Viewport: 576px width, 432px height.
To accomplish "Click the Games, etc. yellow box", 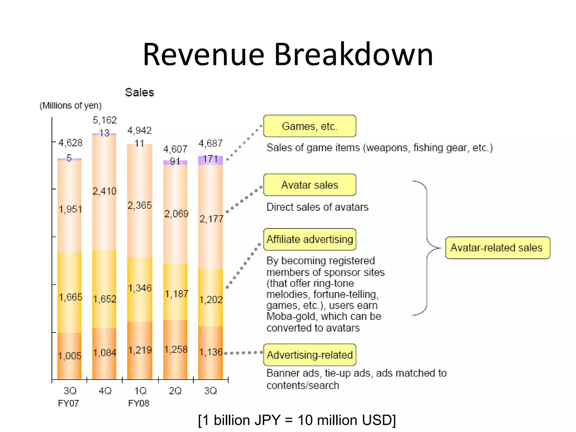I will point(310,126).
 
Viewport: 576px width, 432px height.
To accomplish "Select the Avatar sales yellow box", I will point(310,185).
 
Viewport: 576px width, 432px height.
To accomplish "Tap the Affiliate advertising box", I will point(310,239).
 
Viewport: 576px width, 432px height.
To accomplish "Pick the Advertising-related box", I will point(310,355).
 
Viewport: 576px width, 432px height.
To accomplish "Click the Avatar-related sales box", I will point(497,248).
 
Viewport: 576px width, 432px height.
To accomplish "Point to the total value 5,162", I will point(105,120).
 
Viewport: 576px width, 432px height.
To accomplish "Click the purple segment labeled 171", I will point(210,160).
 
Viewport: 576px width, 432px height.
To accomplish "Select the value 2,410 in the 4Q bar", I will point(104,191).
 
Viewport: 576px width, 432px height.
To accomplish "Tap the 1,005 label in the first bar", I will point(69,356).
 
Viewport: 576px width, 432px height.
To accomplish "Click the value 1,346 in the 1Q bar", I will point(140,288).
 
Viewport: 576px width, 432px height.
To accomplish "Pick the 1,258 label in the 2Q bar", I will point(176,350).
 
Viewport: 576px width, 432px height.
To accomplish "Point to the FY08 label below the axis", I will point(139,403).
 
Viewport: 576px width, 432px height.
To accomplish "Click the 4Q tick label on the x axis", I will point(105,391).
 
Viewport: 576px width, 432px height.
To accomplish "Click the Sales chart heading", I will point(139,93).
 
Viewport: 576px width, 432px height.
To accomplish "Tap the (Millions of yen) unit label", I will point(71,105).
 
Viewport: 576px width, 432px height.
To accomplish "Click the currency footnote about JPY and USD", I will point(297,420).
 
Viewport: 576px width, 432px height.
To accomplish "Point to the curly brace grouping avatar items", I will point(427,248).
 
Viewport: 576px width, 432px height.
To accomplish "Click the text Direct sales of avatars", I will point(317,207).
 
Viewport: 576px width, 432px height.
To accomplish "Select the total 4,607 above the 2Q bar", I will point(175,149).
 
